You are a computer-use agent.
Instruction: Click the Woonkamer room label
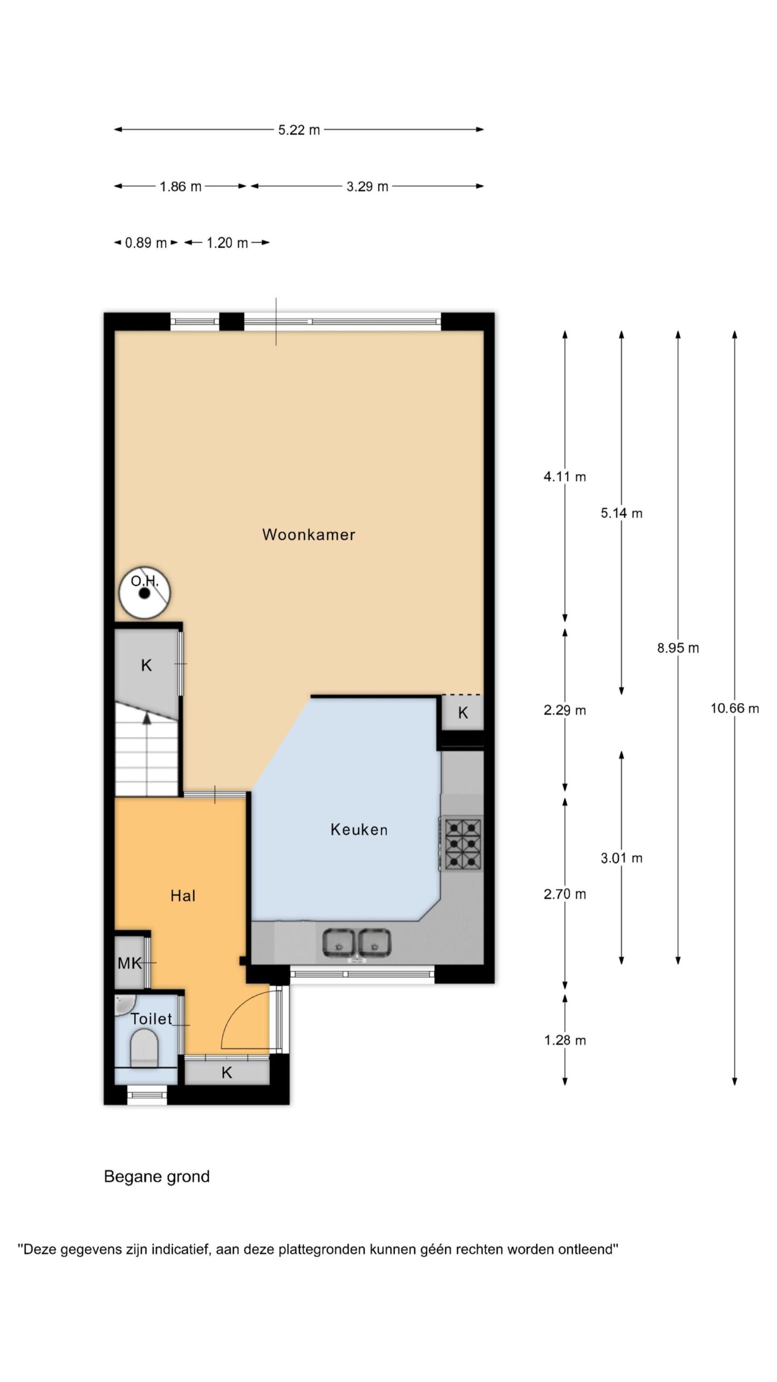pyautogui.click(x=309, y=534)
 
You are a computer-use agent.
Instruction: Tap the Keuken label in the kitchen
pyautogui.click(x=359, y=829)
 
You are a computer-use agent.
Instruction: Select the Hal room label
pyautogui.click(x=183, y=896)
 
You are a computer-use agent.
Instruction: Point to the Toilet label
pyautogui.click(x=152, y=1019)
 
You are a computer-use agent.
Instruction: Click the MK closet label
pyautogui.click(x=129, y=963)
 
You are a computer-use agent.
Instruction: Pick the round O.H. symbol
pyautogui.click(x=145, y=593)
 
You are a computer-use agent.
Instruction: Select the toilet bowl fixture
pyautogui.click(x=145, y=1048)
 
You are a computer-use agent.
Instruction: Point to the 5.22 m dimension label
pyautogui.click(x=299, y=130)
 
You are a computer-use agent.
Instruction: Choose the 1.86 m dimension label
pyautogui.click(x=180, y=187)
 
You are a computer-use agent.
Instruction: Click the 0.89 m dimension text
pyautogui.click(x=146, y=243)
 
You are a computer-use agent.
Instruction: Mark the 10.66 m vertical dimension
pyautogui.click(x=734, y=708)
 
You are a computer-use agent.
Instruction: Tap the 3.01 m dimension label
pyautogui.click(x=622, y=858)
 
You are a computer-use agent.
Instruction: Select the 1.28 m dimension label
pyautogui.click(x=565, y=1040)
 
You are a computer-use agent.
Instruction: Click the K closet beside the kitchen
pyautogui.click(x=463, y=713)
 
